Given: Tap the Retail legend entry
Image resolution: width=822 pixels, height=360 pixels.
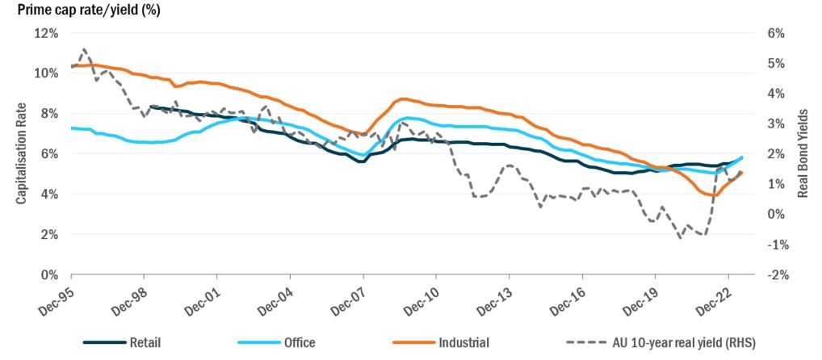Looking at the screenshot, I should click(x=146, y=342).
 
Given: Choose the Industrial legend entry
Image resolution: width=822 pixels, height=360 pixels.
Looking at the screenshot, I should click(x=463, y=342).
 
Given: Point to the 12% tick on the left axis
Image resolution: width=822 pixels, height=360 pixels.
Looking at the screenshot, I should click(x=45, y=33).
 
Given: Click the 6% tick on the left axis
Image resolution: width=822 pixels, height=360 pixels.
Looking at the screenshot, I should click(x=48, y=153).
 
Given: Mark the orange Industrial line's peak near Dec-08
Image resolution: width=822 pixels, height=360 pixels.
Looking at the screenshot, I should click(x=404, y=98).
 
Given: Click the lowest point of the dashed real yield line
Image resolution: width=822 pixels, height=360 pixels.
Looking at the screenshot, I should click(x=680, y=238).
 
